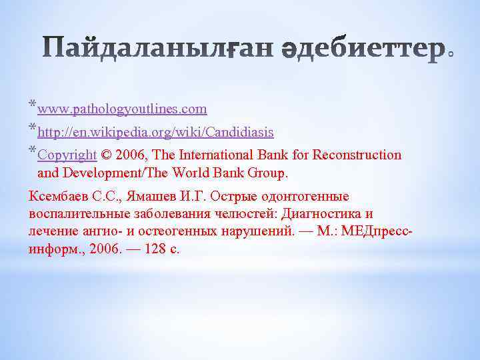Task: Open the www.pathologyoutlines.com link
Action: point(122,109)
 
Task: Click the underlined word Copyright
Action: point(67,155)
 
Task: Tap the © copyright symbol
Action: point(106,155)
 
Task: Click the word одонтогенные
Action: point(304,197)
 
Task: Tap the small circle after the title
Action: point(451,55)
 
